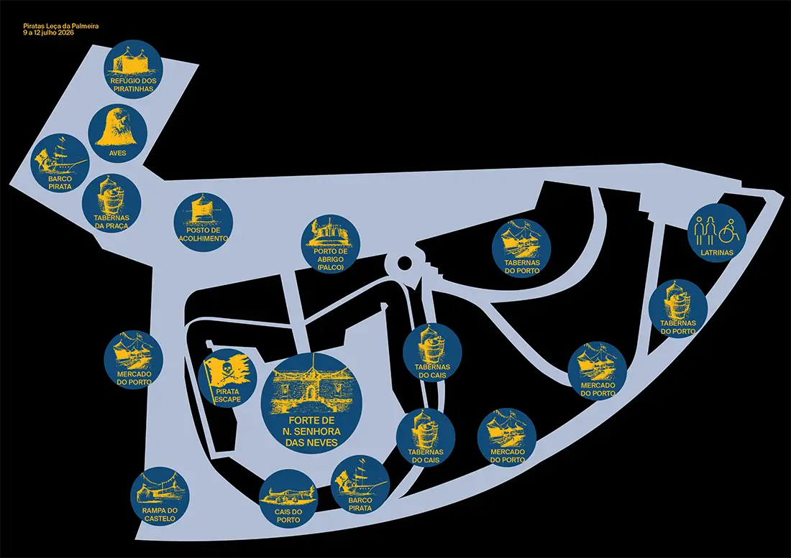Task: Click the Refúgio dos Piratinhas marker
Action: pyautogui.click(x=133, y=68)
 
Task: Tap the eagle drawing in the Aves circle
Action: pyautogui.click(x=117, y=127)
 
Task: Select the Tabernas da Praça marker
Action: pyautogui.click(x=111, y=203)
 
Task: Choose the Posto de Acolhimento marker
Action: pyautogui.click(x=204, y=221)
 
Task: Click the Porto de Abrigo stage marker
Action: pyautogui.click(x=331, y=243)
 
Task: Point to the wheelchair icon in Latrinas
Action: pyautogui.click(x=729, y=230)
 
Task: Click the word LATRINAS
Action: pyautogui.click(x=717, y=252)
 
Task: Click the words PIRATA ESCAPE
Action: pyautogui.click(x=227, y=395)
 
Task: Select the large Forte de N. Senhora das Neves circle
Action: pyautogui.click(x=312, y=404)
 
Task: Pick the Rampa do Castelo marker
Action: pyautogui.click(x=160, y=496)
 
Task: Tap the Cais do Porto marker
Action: pyautogui.click(x=288, y=498)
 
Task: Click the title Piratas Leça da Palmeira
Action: pyautogui.click(x=61, y=26)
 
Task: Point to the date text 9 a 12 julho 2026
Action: pyautogui.click(x=48, y=33)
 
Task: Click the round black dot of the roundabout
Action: pyautogui.click(x=404, y=262)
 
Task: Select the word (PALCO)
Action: pyautogui.click(x=331, y=267)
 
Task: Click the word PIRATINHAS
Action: pyautogui.click(x=133, y=88)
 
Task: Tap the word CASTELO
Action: pyautogui.click(x=160, y=519)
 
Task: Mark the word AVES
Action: pyautogui.click(x=117, y=153)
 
